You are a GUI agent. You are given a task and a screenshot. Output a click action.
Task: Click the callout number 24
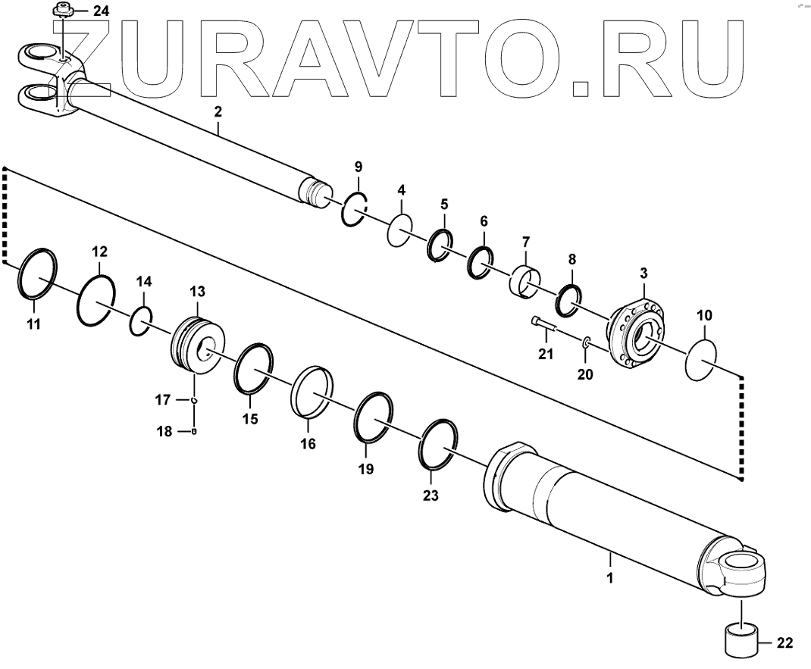(101, 11)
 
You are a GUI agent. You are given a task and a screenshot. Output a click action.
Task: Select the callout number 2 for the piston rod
(218, 112)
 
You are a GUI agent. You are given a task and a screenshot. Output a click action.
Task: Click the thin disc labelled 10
(701, 361)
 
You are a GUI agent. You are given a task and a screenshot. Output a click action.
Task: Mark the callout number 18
(164, 432)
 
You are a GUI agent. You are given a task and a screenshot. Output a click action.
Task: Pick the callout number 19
(366, 470)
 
